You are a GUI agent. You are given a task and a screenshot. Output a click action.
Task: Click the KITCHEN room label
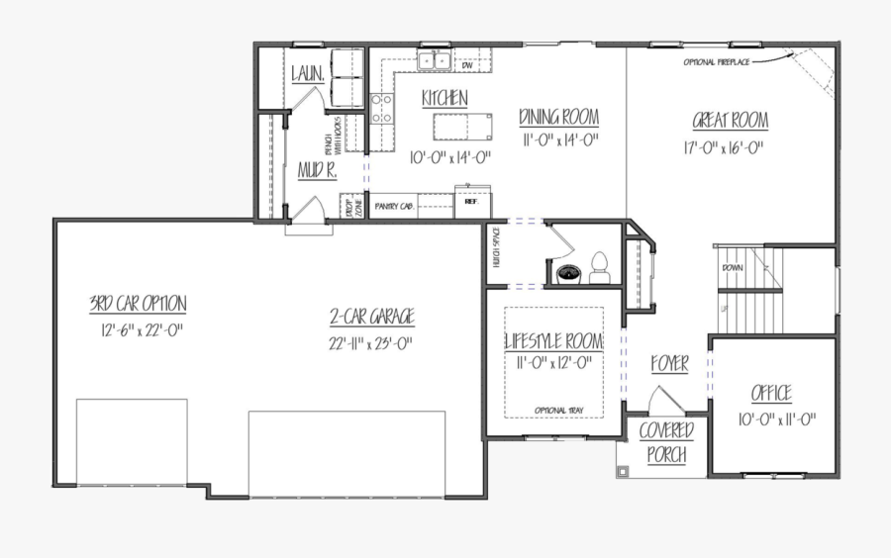445,98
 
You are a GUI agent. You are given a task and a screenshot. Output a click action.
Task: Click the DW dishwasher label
465,66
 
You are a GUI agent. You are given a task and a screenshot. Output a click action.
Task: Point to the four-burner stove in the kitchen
381,109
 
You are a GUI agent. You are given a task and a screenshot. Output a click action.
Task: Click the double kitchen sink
433,61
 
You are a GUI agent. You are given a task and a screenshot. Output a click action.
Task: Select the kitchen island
463,127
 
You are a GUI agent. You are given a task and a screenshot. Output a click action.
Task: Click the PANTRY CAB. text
394,207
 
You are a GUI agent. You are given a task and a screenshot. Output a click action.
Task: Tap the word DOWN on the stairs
732,267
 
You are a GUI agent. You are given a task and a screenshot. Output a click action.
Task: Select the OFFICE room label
770,394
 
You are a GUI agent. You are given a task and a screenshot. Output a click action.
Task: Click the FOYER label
669,364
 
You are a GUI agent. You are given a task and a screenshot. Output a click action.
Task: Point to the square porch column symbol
623,472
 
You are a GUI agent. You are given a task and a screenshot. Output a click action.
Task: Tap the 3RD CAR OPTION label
137,303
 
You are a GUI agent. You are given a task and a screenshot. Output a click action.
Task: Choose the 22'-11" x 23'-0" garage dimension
371,343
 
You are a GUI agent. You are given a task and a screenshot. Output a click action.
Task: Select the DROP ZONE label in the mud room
348,209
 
